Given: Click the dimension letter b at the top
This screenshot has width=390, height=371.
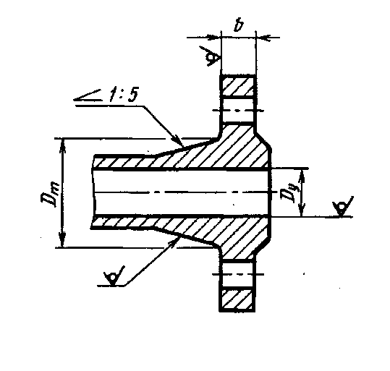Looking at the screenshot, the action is pyautogui.click(x=238, y=25).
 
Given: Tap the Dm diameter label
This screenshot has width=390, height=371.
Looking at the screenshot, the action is pyautogui.click(x=50, y=194).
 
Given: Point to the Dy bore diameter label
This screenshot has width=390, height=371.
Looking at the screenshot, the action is pyautogui.click(x=288, y=192).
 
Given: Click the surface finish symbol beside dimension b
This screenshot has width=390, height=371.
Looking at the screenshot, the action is pyautogui.click(x=212, y=56).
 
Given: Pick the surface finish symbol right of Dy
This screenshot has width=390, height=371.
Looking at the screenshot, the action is pyautogui.click(x=343, y=206).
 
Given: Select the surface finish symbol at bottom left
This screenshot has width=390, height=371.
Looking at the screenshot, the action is pyautogui.click(x=114, y=276).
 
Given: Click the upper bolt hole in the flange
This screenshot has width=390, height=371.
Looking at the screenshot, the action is pyautogui.click(x=238, y=109).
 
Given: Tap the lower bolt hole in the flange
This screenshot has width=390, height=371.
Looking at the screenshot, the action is pyautogui.click(x=238, y=275).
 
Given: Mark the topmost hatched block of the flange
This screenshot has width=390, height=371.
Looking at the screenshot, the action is pyautogui.click(x=238, y=86).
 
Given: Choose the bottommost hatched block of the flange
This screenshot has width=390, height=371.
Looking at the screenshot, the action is pyautogui.click(x=238, y=299).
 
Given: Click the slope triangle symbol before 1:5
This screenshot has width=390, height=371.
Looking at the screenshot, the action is pyautogui.click(x=88, y=96).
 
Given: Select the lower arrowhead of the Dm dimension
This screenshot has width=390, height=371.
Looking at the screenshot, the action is pyautogui.click(x=62, y=241).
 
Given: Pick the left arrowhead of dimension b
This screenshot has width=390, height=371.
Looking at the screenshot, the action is pyautogui.click(x=214, y=38).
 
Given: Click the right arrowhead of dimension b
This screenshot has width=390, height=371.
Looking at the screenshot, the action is pyautogui.click(x=263, y=38).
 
